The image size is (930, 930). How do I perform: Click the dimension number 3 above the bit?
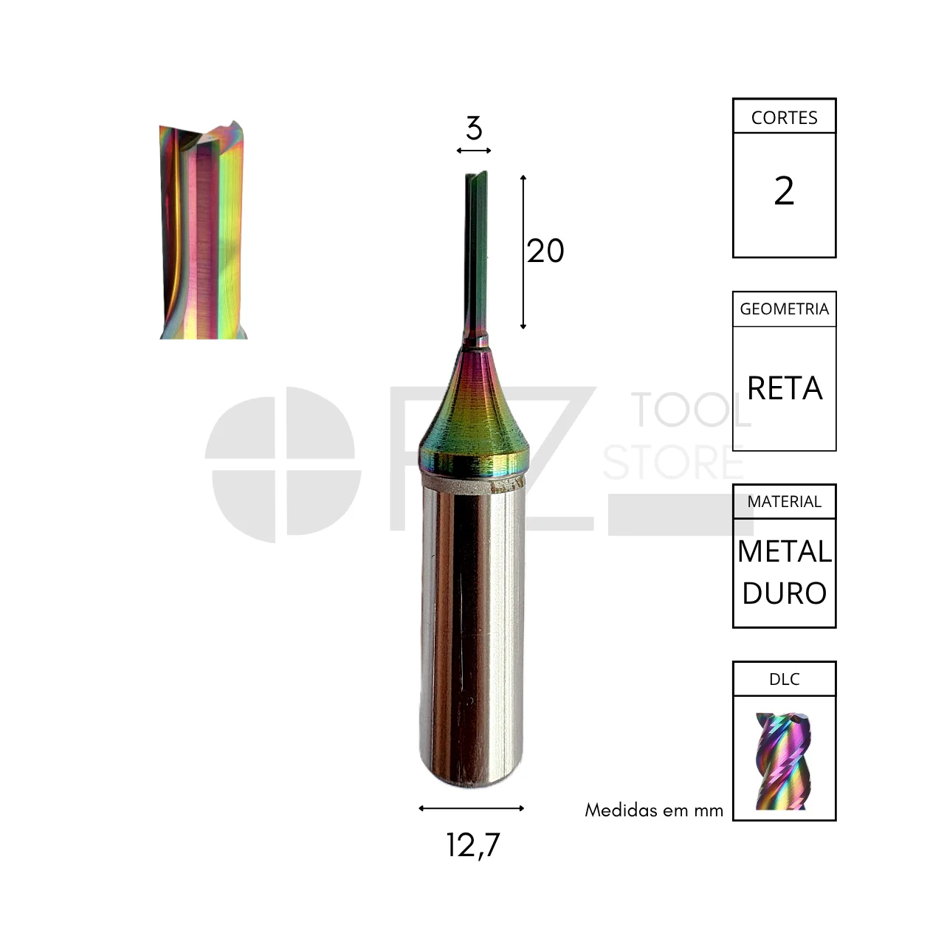(x=474, y=128)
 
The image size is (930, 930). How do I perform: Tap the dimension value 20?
(x=545, y=251)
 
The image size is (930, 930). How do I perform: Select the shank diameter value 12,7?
(x=473, y=845)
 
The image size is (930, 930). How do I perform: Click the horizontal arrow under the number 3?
(x=474, y=151)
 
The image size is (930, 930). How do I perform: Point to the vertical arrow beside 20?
(x=523, y=252)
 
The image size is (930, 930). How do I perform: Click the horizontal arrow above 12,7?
(x=471, y=808)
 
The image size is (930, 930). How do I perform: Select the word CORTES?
(x=785, y=118)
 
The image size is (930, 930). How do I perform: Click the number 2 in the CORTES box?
(x=784, y=191)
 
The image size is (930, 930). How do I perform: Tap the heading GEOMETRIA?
(x=785, y=309)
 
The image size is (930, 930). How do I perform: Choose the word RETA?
(x=785, y=388)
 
